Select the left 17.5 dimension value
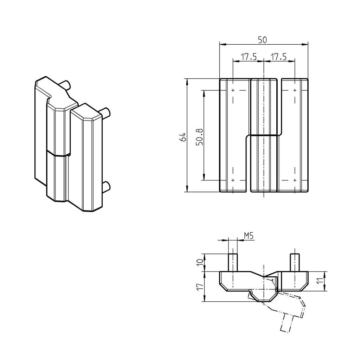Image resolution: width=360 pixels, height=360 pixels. coord(248,57)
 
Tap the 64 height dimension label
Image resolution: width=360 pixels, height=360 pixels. coord(182,137)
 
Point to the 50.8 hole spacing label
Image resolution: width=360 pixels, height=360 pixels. coord(199,137)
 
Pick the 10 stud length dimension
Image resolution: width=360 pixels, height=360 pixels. coord(200,262)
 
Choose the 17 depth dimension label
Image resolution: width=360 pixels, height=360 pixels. coord(200,287)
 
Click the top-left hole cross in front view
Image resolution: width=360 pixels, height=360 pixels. coord(233,90)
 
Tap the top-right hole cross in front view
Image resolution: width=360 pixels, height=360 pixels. coord(294,90)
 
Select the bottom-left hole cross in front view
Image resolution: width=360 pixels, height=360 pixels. coord(233,180)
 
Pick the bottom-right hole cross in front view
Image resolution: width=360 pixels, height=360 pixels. coord(294,180)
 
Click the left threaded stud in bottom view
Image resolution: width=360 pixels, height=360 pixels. coord(233,262)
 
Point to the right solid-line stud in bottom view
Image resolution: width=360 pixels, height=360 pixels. coord(295,262)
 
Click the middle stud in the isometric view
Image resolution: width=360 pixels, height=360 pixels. coord(105,112)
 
